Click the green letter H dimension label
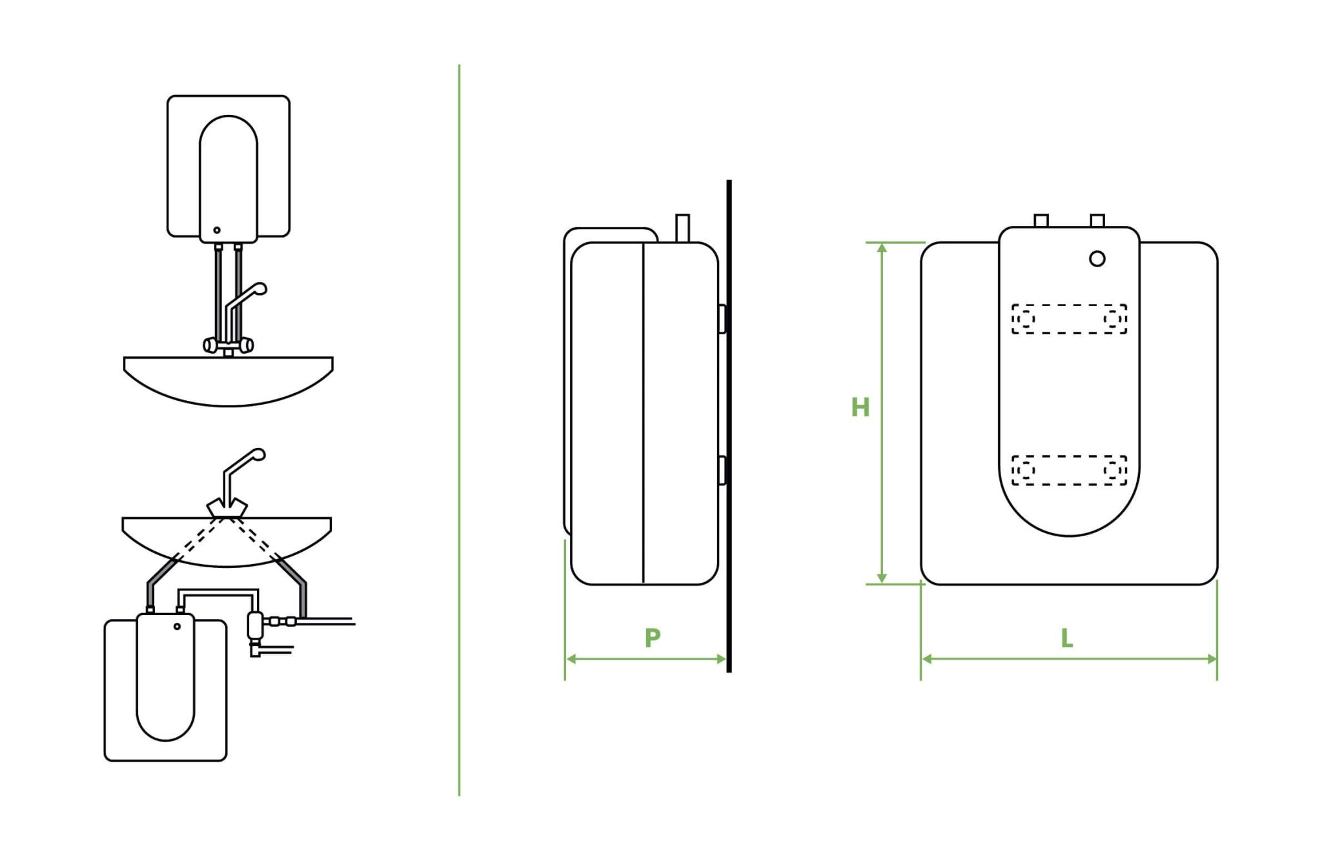point(860,407)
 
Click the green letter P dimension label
point(653,638)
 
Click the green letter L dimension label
point(1067,638)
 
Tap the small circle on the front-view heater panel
point(1097,259)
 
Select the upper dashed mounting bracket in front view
point(1069,319)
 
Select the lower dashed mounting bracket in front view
point(1069,470)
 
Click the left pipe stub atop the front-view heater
point(1041,221)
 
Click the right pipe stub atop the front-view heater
point(1097,221)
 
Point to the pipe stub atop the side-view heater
point(682,228)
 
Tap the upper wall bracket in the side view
point(722,319)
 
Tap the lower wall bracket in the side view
point(722,470)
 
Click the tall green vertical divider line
point(459,426)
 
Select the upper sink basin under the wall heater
point(228,381)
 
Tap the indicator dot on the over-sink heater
point(217,230)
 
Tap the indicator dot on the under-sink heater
point(177,626)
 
